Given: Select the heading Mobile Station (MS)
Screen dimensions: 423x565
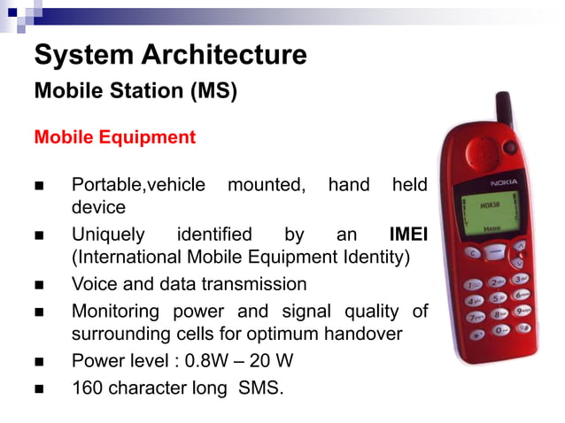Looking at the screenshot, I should (x=135, y=91).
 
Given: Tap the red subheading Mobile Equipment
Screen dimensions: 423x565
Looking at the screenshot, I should (x=114, y=138).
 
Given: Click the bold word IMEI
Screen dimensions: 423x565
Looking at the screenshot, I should (x=408, y=235).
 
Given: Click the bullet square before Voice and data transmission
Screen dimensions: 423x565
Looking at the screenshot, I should (x=39, y=286).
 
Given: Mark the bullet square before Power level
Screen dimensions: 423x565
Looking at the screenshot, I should (x=39, y=362).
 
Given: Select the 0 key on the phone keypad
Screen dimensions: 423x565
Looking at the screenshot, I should (x=501, y=329).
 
